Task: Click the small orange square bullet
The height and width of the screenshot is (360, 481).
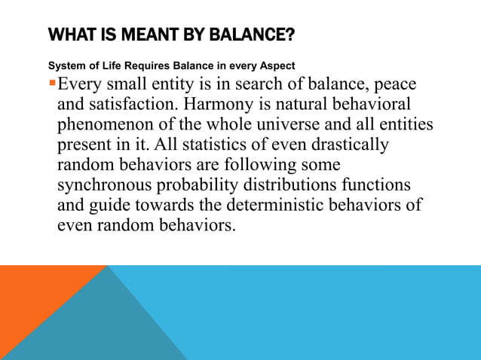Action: (x=52, y=82)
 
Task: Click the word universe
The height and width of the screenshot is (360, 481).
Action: (x=296, y=124)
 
